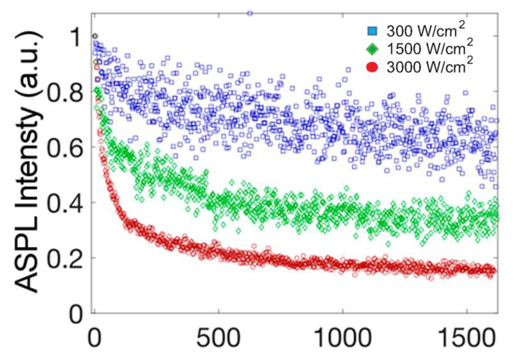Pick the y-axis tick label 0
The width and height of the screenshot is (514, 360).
tap(76, 314)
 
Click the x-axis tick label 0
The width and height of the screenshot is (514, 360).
tap(95, 338)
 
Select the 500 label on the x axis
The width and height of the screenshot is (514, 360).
tap(218, 338)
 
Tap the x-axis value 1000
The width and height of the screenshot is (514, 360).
tap(343, 338)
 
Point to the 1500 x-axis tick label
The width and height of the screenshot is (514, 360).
tap(467, 338)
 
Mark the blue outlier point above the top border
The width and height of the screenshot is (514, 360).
tap(250, 13)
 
